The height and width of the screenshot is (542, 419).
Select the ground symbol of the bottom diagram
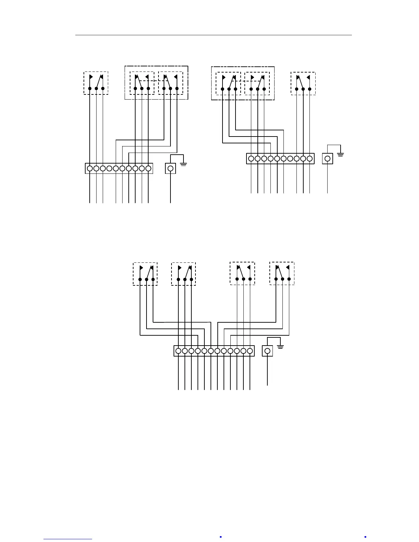[x=280, y=347]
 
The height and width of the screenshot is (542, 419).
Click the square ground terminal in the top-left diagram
[x=170, y=168]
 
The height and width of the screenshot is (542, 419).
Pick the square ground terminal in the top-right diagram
[x=328, y=158]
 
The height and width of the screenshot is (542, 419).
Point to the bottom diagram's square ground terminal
[x=267, y=351]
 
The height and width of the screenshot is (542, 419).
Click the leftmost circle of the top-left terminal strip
[x=90, y=168]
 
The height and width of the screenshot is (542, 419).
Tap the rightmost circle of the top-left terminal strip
[x=148, y=168]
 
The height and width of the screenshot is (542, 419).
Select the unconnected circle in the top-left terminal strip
[x=109, y=168]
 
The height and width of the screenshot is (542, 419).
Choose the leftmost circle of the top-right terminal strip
[x=251, y=158]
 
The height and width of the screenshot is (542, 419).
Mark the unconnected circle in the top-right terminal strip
[x=290, y=158]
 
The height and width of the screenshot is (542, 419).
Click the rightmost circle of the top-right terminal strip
[x=309, y=158]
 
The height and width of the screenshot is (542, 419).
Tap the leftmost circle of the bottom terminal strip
[x=178, y=351]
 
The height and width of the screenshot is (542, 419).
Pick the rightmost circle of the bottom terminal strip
[x=250, y=351]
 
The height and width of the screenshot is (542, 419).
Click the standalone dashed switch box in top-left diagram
[x=96, y=83]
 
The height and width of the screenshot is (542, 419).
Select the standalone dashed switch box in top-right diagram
[x=303, y=83]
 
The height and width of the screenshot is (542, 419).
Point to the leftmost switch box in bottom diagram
[x=145, y=274]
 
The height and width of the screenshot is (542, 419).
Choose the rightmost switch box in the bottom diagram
[x=282, y=273]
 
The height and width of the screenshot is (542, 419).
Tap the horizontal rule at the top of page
[x=214, y=35]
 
